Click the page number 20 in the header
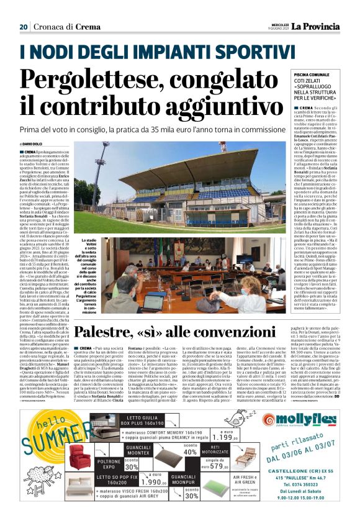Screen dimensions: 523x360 click(24, 27)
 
